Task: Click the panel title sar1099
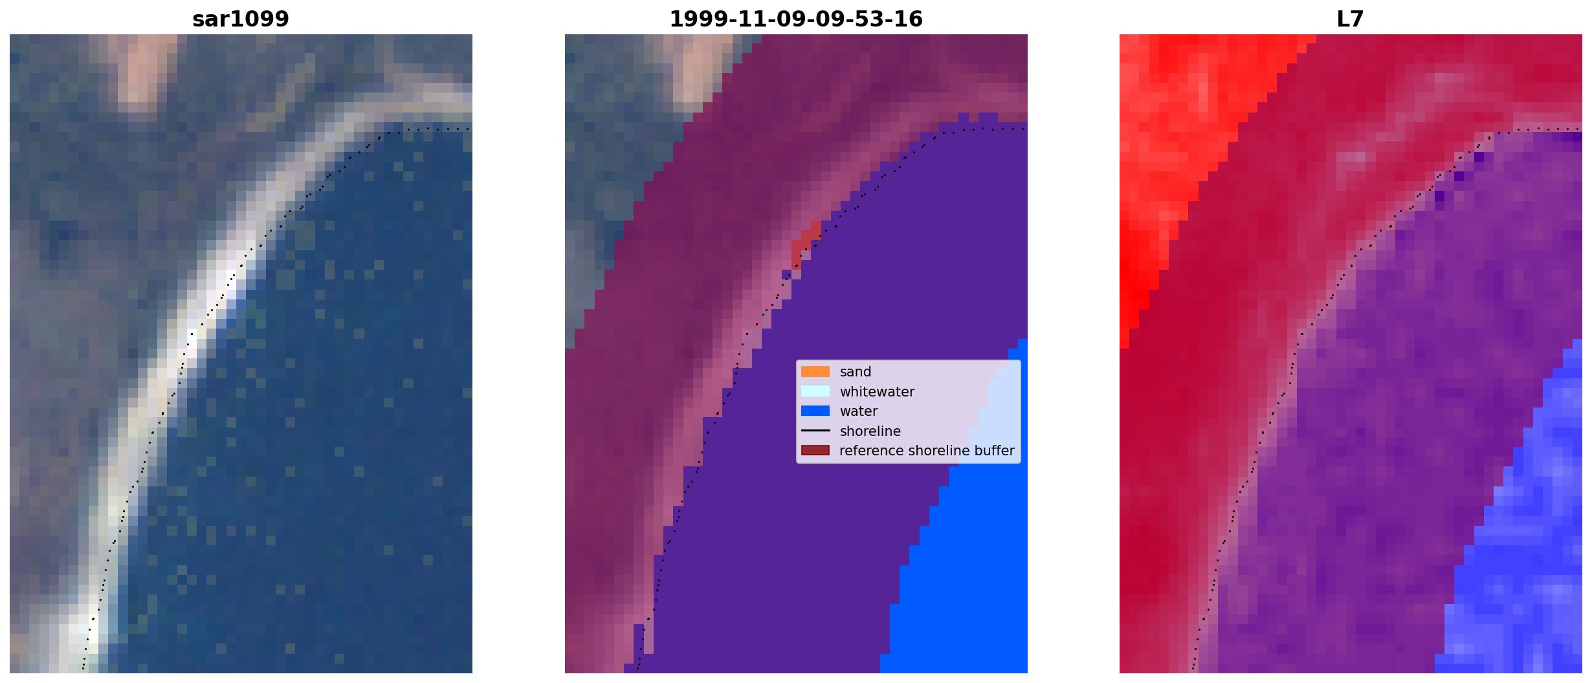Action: pos(241,19)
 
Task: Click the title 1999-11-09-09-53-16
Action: pos(796,19)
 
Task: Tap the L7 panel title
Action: pos(1351,19)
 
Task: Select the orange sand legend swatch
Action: pos(815,371)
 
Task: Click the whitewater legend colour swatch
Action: pos(815,391)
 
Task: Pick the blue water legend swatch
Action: pos(815,411)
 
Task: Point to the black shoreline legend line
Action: pos(815,431)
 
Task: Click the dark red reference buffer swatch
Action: pos(815,450)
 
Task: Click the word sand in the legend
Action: pos(856,372)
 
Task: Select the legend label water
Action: pos(859,411)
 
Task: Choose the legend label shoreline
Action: pos(870,431)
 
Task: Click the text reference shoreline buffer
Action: pos(927,451)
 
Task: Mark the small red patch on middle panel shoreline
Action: pos(805,243)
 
